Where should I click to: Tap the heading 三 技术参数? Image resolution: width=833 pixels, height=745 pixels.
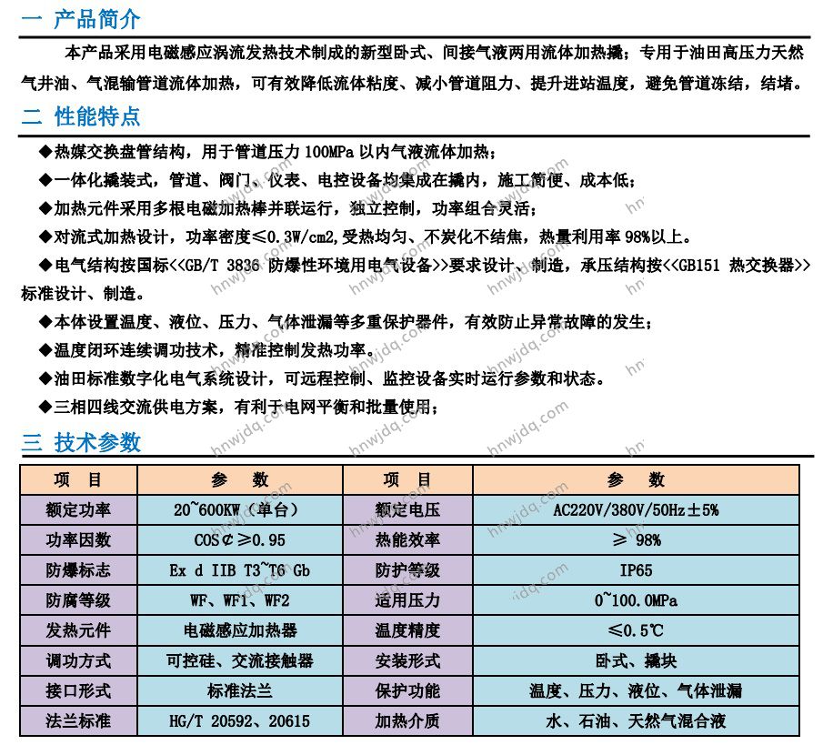81,443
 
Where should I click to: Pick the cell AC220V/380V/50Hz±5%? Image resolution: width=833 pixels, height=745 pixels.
636,509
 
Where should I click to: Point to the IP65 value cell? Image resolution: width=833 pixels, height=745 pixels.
636,570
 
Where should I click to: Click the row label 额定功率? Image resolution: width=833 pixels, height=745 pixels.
78,509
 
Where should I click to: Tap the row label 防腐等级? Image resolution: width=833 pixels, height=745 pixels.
78,600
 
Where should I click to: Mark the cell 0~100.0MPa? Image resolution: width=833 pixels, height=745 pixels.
636,600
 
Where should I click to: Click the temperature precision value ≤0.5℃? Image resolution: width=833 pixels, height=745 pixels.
636,630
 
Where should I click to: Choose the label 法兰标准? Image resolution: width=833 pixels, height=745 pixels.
78,721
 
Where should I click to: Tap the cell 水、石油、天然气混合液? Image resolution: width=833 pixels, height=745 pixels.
636,721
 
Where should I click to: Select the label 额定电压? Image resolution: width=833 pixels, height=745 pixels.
407,509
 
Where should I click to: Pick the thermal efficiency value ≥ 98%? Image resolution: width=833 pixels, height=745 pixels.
636,540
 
